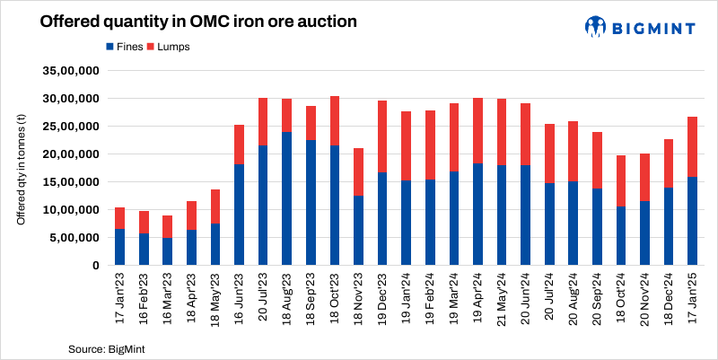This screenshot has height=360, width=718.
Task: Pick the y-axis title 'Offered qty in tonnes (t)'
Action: (x=22, y=167)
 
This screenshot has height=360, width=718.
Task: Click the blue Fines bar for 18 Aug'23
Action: (x=287, y=198)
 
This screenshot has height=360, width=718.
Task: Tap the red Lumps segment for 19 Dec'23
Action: (x=383, y=136)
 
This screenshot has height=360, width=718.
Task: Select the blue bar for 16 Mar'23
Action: (x=167, y=251)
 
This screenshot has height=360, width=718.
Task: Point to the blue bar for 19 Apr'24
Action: (x=478, y=214)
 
